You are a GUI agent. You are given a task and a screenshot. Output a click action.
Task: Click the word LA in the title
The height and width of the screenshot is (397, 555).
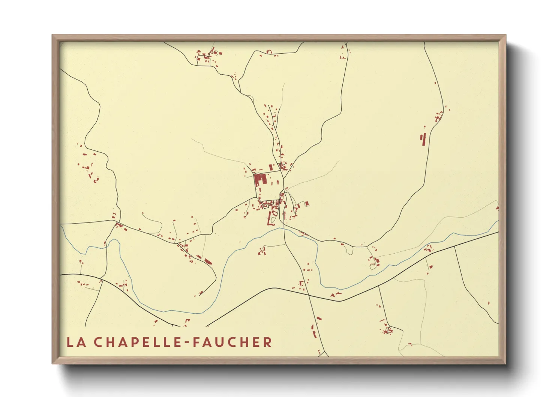(75, 342)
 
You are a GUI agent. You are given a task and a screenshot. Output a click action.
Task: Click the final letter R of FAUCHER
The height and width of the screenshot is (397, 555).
(267, 342)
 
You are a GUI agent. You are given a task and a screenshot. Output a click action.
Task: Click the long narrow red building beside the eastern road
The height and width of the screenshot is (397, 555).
(424, 139)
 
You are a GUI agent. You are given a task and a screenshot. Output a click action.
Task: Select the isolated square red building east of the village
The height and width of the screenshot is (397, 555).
(307, 204)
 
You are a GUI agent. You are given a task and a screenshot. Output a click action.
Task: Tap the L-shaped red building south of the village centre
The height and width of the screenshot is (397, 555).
(269, 219)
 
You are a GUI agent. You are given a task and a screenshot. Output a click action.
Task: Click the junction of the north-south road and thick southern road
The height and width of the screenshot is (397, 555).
(310, 295)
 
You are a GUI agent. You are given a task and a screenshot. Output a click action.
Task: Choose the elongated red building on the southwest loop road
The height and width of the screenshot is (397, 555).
(208, 262)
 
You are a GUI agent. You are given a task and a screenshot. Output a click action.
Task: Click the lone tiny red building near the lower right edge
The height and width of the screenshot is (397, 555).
(489, 303)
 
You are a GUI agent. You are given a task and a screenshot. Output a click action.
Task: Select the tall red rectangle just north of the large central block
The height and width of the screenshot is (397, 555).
(270, 167)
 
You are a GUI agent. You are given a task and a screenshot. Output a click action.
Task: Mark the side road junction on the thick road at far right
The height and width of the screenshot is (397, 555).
(454, 247)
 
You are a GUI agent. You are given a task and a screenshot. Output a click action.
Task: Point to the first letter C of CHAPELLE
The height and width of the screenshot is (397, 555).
(98, 342)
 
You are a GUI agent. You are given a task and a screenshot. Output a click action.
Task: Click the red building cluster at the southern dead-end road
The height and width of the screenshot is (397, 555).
(387, 331)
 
